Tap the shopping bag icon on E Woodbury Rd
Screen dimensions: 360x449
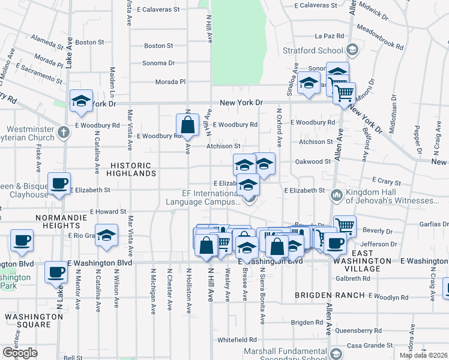[x=187, y=125]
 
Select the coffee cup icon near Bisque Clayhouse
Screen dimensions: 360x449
[x=58, y=183]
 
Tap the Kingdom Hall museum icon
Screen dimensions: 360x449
[x=336, y=194]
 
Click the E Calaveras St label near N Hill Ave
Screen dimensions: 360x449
[x=158, y=10]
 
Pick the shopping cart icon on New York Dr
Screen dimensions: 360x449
[x=344, y=93]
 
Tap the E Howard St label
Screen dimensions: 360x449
[x=108, y=212]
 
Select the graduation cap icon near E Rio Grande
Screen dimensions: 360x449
[x=106, y=235]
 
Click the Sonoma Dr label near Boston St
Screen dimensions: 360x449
[x=158, y=63]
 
